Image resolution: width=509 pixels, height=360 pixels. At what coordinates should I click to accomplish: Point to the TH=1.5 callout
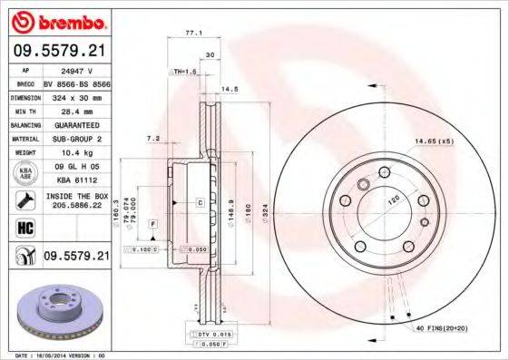click(184, 71)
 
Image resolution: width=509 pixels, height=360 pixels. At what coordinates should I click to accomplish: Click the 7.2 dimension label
click(153, 139)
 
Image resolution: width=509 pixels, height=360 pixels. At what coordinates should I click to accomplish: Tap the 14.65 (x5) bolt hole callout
click(433, 141)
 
